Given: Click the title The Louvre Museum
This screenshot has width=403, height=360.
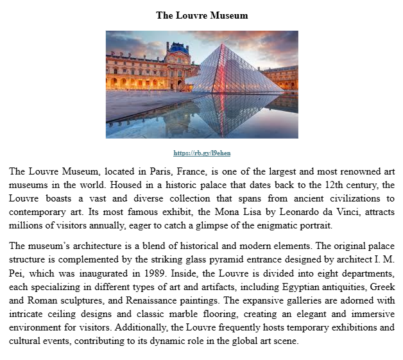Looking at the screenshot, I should (201, 15).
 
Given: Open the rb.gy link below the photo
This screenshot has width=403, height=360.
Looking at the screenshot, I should (201, 153).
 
